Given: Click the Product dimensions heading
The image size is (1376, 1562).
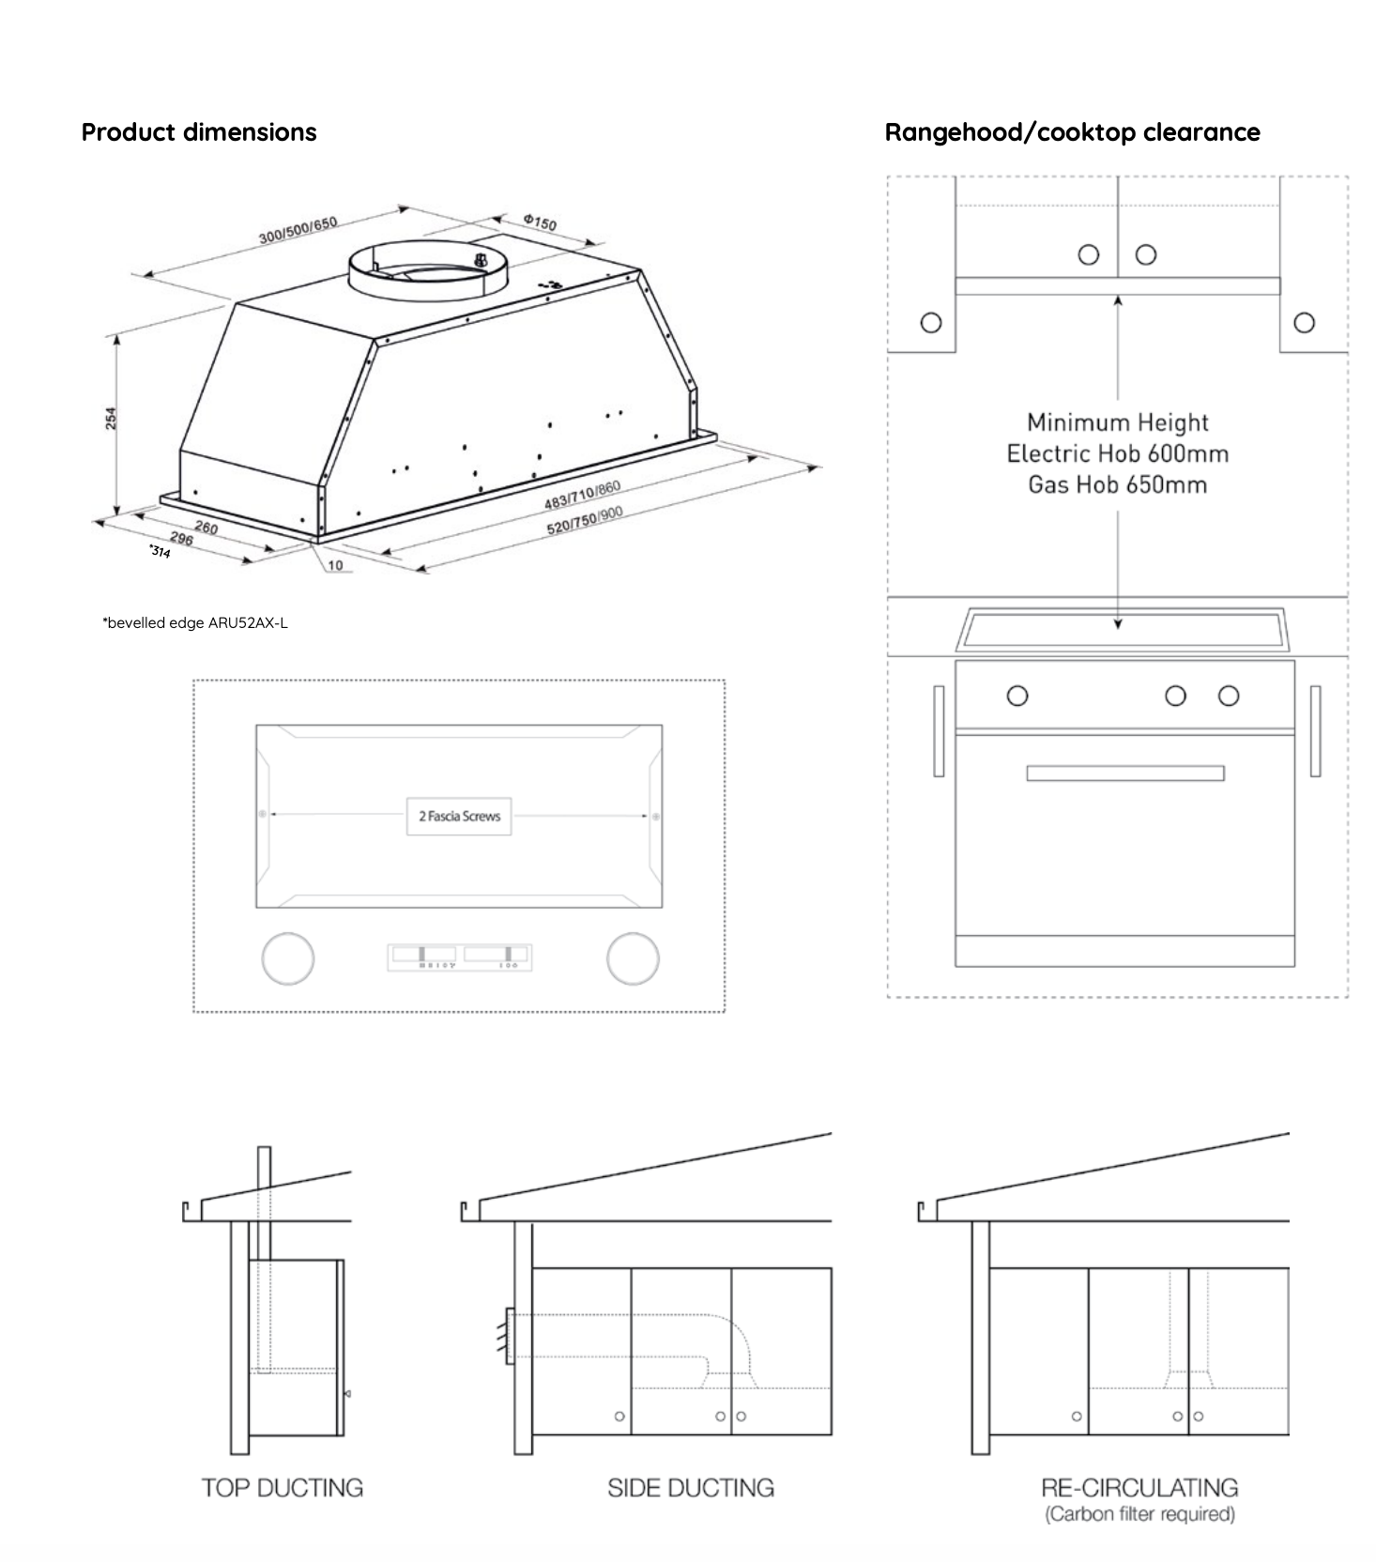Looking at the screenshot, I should point(199,132).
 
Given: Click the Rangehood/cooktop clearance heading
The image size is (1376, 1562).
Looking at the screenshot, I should point(1072,132).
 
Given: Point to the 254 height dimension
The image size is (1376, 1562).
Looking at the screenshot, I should point(111,419).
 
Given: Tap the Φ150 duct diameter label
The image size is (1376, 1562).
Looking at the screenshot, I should point(540,222).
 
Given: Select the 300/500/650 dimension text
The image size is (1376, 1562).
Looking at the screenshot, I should point(298,230).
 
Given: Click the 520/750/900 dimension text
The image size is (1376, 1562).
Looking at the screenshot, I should point(585,520).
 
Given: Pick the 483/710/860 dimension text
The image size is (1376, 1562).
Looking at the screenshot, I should point(582,496).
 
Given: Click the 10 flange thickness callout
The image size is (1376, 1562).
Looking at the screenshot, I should point(335,566).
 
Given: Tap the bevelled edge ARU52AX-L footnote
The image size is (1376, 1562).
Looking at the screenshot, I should point(195,623).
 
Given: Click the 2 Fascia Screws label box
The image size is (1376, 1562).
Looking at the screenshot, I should point(459,817).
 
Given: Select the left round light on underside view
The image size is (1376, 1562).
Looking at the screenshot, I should point(287,958).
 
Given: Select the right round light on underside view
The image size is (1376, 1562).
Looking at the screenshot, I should point(633,958).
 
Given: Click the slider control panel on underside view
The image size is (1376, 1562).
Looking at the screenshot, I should point(460,957).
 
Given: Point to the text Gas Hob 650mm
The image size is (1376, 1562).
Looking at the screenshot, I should point(1117,485).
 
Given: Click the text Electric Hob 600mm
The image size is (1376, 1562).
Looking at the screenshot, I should point(1117,454).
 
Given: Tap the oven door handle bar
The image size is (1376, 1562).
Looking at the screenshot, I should point(1124,773).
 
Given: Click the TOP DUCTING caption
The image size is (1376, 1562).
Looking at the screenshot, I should point(282,1488).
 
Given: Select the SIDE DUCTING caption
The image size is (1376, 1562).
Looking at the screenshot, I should point(691,1488).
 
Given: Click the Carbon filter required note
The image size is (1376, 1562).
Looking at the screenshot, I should point(1139,1514).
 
